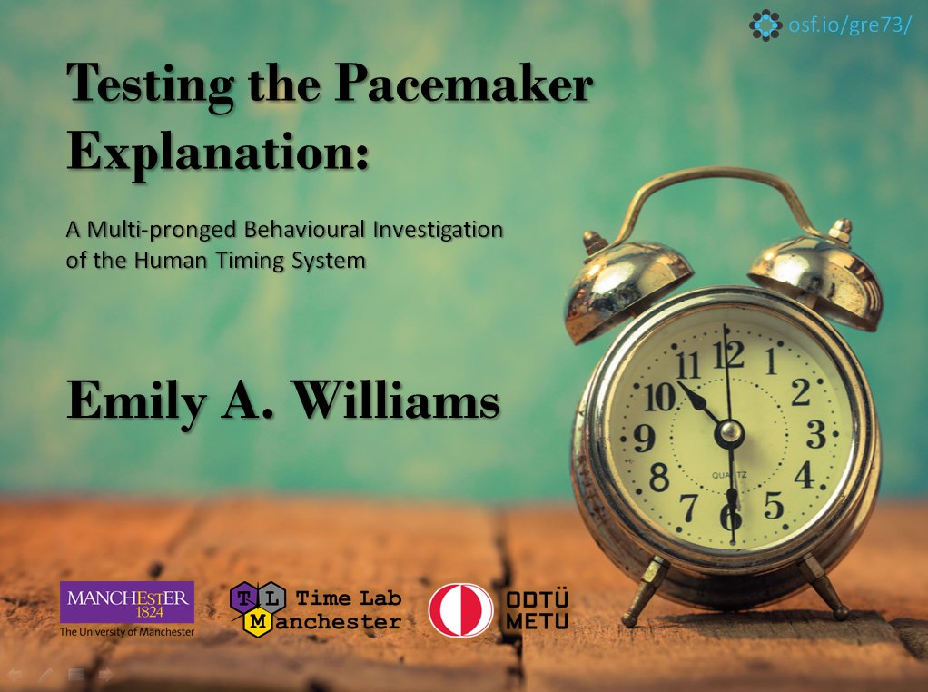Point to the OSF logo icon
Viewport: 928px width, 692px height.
pyautogui.click(x=765, y=25)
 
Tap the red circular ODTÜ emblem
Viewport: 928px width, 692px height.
pyautogui.click(x=460, y=609)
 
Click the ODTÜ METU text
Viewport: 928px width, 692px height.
pyautogui.click(x=536, y=609)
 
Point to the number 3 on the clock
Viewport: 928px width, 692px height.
pyautogui.click(x=815, y=435)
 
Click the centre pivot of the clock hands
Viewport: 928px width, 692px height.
pyautogui.click(x=729, y=434)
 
